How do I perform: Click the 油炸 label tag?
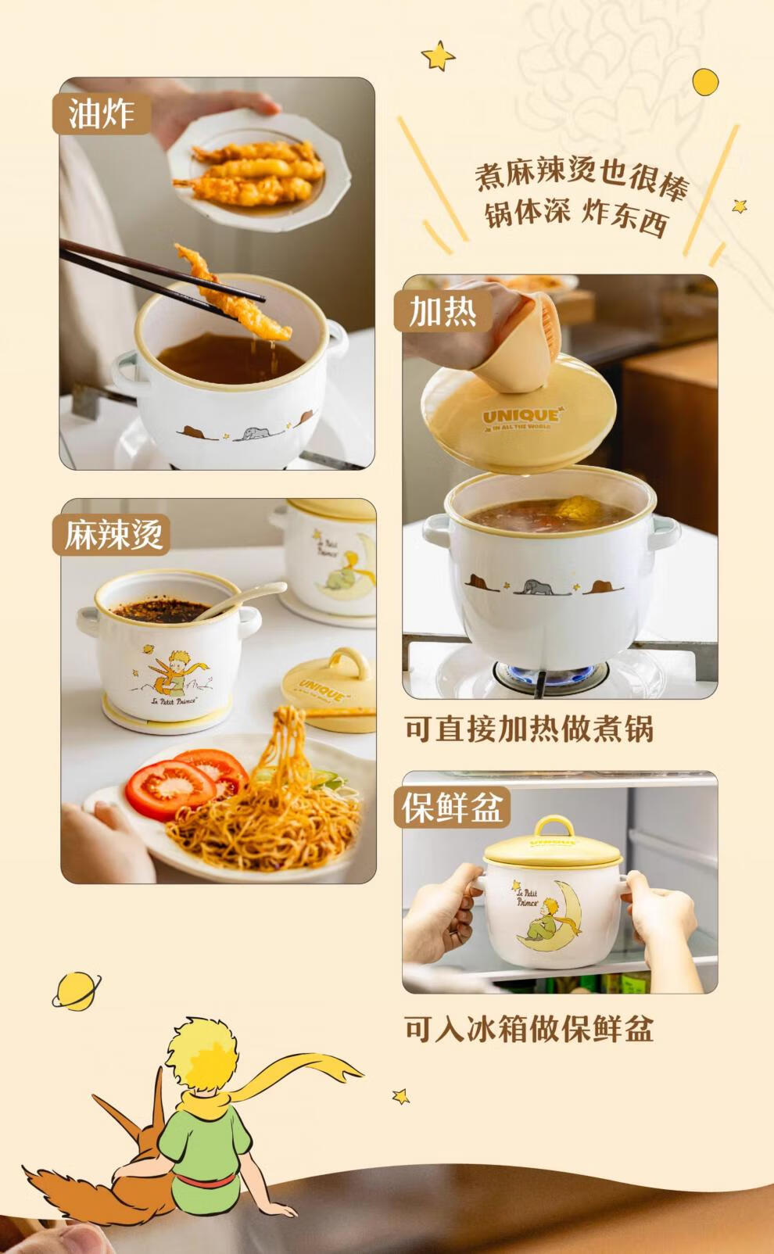(102, 113)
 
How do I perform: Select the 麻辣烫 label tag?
(112, 535)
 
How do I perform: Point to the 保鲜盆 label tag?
(452, 808)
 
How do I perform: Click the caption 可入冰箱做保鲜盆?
(529, 1028)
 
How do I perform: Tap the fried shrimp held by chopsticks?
(232, 294)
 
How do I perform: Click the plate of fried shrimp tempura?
(259, 175)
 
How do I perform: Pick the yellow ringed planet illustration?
(77, 991)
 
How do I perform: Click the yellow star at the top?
(438, 56)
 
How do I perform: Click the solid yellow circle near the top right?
(705, 82)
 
